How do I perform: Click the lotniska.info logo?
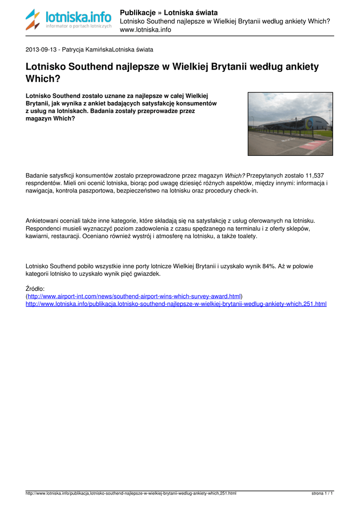[69, 19]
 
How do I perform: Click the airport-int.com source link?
[134, 296]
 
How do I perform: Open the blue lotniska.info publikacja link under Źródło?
[176, 304]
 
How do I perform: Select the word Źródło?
[35, 288]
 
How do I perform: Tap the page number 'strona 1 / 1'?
[322, 494]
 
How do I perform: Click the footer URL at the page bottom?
[131, 494]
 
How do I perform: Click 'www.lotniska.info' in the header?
[145, 30]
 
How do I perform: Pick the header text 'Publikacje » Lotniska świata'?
[169, 12]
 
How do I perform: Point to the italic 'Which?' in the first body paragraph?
[235, 176]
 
